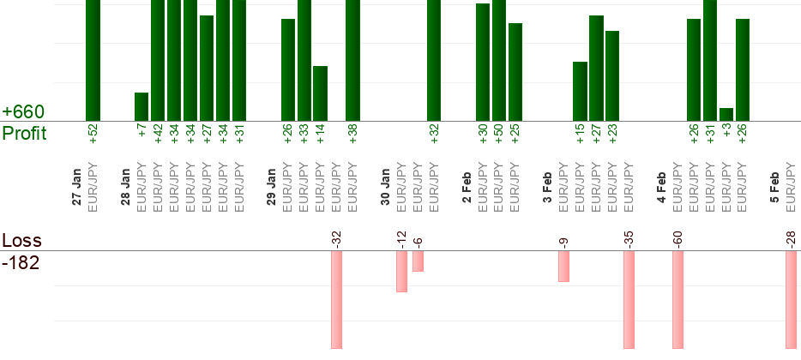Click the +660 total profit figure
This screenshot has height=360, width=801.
[23, 112]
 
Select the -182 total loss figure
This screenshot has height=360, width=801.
[21, 262]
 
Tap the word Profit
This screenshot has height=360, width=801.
[24, 133]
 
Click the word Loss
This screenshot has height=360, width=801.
[21, 241]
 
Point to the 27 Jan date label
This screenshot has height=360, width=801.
[77, 189]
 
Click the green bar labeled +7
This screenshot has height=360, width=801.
[142, 106]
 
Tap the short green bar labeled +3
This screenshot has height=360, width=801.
[726, 114]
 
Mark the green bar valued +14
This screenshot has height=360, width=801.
[320, 93]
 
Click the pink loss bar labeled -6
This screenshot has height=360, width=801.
[418, 261]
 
